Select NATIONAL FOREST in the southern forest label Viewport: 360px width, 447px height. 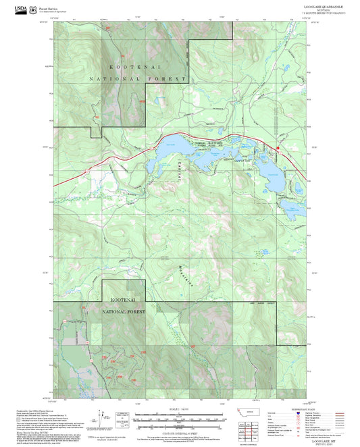[123, 313]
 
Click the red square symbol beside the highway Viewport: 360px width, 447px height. [277, 147]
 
